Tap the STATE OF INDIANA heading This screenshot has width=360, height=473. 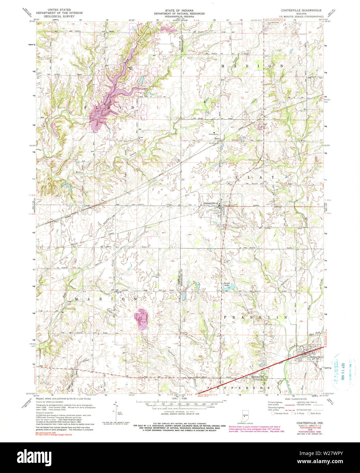point(180,10)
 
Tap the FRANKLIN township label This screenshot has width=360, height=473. point(255,317)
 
